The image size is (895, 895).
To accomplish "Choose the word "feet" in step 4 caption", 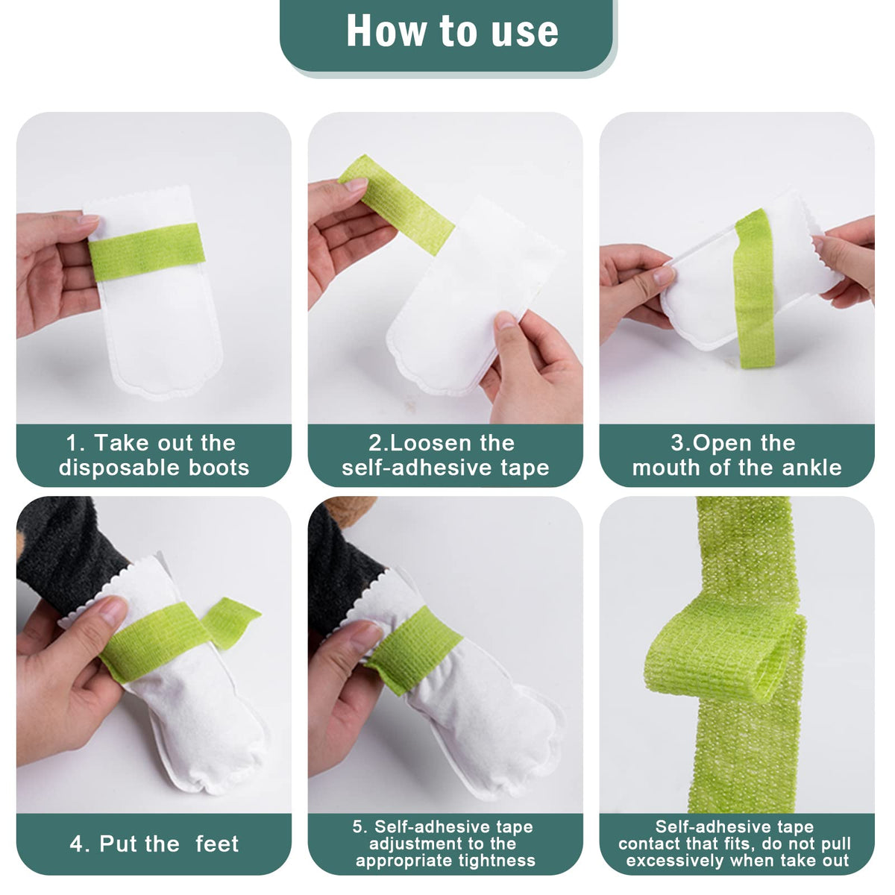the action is pyautogui.click(x=217, y=844).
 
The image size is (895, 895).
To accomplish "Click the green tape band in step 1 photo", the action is pyautogui.click(x=146, y=252).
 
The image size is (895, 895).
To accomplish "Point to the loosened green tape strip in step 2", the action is pyautogui.click(x=396, y=204).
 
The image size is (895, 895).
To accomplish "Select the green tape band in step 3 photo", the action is pyautogui.click(x=755, y=288).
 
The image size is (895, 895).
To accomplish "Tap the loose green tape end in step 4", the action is pyautogui.click(x=230, y=622).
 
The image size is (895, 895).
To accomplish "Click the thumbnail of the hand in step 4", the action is pyautogui.click(x=113, y=612).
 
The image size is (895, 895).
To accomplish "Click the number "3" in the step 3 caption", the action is pyautogui.click(x=676, y=443).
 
